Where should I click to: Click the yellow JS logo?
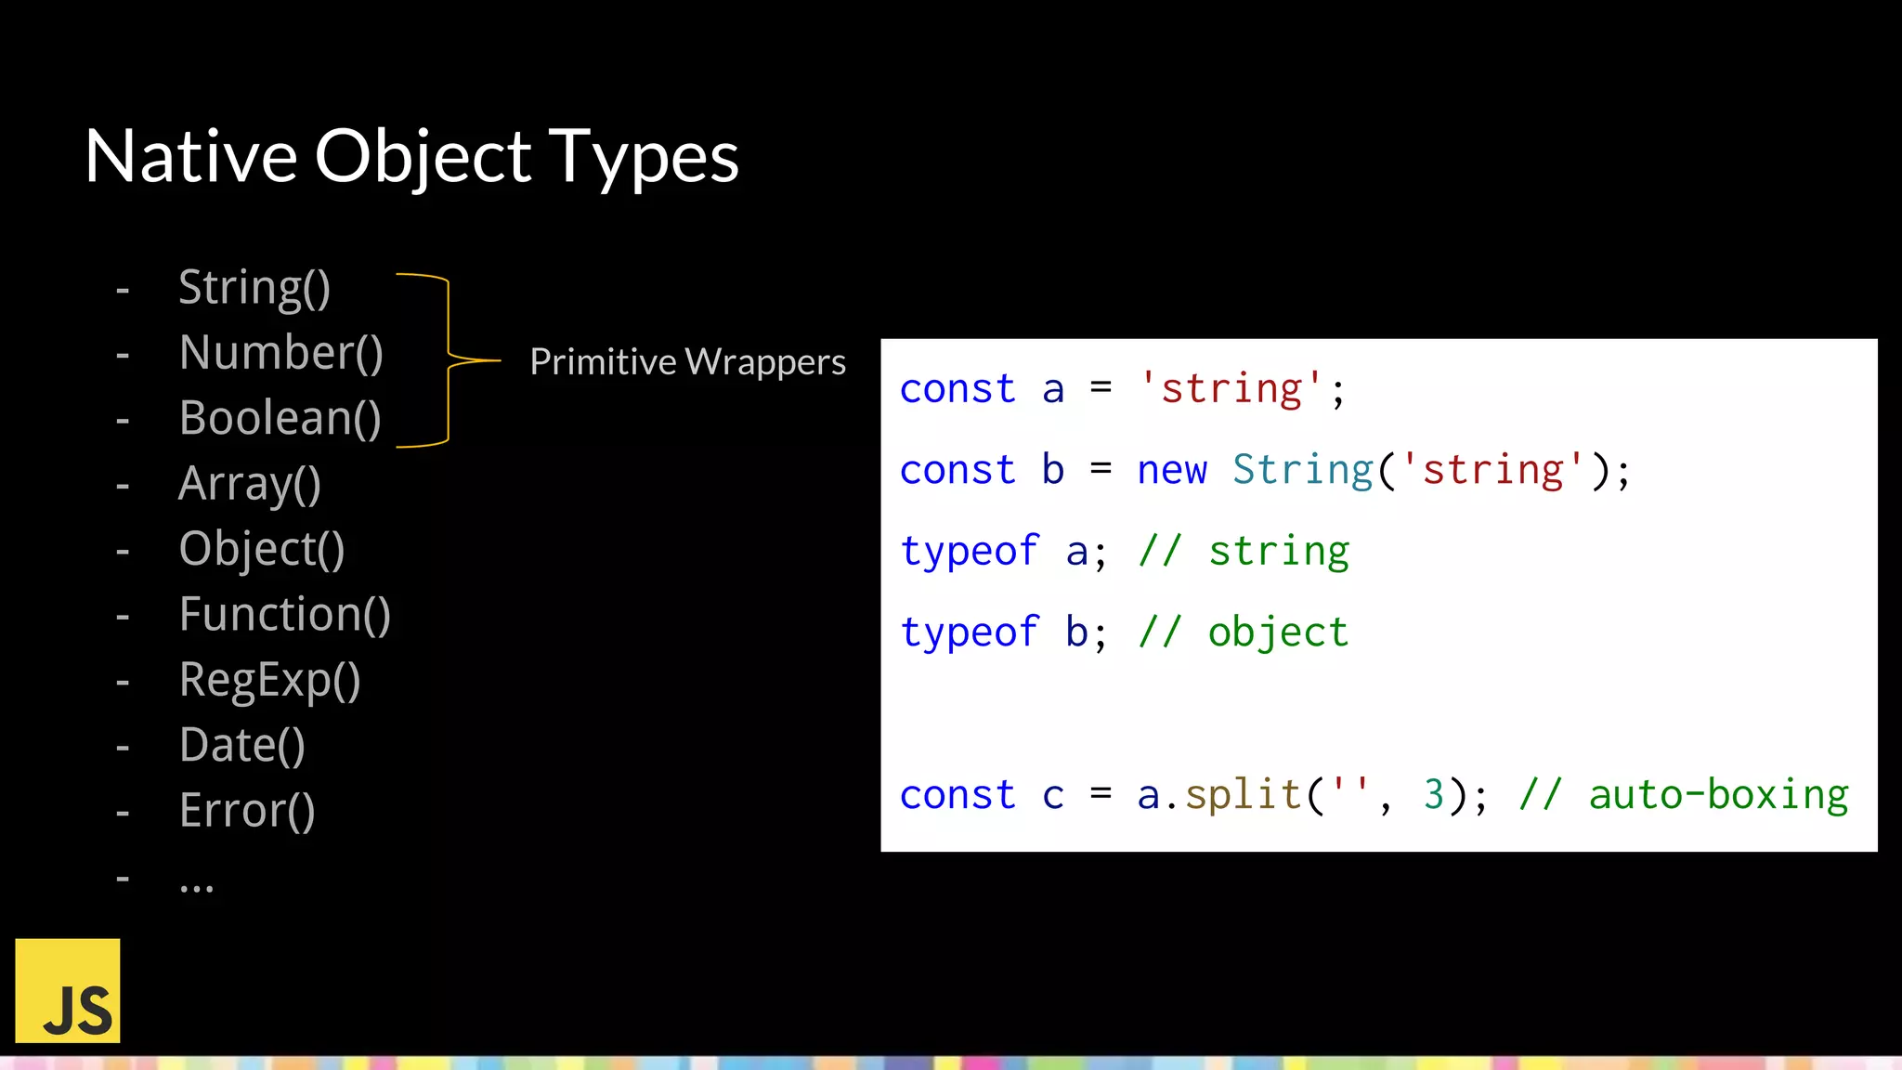[x=68, y=990]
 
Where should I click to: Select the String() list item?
[x=254, y=288]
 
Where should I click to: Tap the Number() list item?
[x=280, y=353]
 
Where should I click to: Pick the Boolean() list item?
[x=280, y=418]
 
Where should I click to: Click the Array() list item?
[x=249, y=484]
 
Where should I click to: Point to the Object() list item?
[x=261, y=549]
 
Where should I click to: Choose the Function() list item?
[x=284, y=615]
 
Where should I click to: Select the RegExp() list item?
[x=269, y=680]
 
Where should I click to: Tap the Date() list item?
[x=241, y=745]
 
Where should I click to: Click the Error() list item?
[x=247, y=811]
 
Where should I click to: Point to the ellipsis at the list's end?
[x=196, y=884]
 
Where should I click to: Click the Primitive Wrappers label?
[x=687, y=361]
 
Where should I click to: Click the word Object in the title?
[x=423, y=156]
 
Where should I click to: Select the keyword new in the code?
[x=1172, y=470]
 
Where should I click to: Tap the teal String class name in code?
[x=1302, y=470]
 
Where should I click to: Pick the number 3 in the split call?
[x=1433, y=795]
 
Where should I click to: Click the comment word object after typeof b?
[x=1278, y=633]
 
